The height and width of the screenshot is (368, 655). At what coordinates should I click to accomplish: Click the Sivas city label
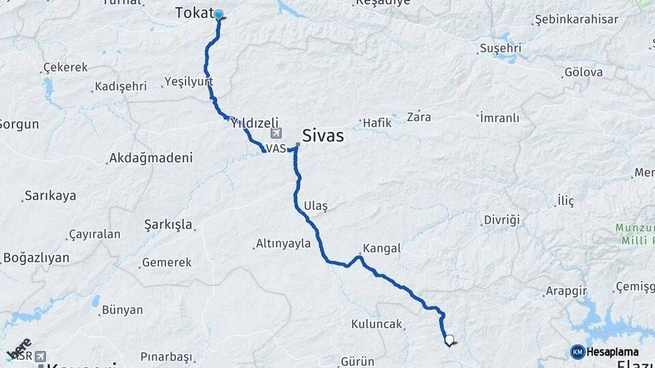323,136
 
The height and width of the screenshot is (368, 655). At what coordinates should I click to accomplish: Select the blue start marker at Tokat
218,15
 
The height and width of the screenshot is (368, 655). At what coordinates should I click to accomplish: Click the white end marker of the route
449,339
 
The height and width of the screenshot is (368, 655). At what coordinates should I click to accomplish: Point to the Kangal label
381,248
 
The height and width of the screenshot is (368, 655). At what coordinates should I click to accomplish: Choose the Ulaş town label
315,206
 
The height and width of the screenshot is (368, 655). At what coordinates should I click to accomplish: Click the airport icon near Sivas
276,134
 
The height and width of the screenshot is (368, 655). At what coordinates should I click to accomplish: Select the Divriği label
501,219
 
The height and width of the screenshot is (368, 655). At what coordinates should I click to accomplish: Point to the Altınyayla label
282,243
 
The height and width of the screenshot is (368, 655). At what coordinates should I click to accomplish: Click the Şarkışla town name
169,224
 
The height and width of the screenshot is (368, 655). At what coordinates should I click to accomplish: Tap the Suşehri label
500,48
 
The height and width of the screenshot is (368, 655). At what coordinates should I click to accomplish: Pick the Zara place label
418,117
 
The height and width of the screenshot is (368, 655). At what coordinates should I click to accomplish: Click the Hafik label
377,123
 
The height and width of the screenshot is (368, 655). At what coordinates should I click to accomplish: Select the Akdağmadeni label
151,158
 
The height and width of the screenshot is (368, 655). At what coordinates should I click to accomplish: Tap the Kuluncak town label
377,324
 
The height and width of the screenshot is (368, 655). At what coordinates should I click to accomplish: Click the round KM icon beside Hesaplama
577,352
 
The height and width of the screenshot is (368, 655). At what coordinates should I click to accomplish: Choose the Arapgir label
566,291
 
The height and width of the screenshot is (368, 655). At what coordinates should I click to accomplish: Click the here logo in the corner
18,349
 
